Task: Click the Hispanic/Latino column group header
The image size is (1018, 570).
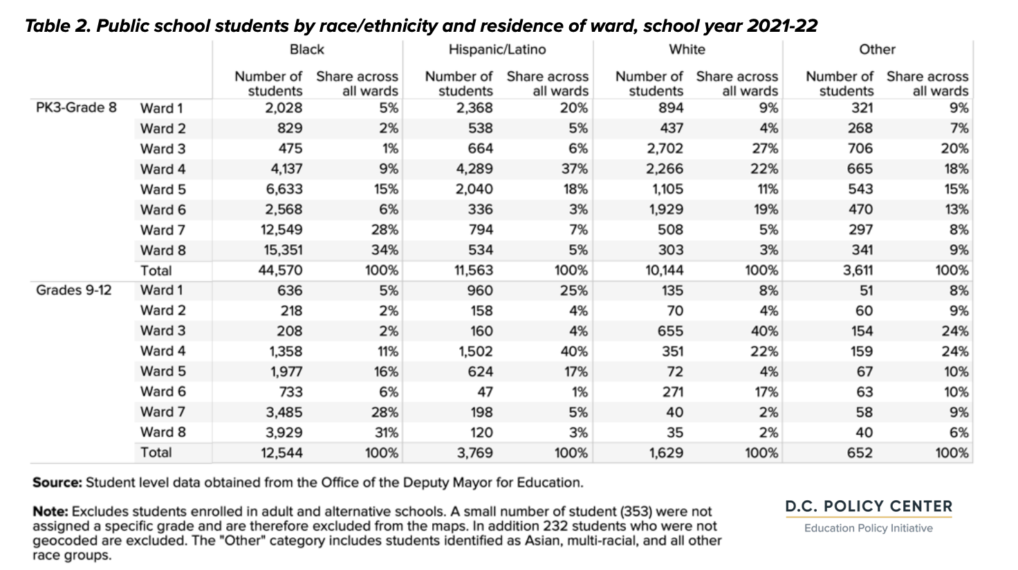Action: coord(497,49)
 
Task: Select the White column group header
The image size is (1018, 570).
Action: coord(687,49)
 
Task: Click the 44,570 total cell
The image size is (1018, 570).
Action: coord(280,270)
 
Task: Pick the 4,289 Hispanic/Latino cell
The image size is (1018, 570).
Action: coord(474,169)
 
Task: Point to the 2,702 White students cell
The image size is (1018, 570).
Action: coord(665,149)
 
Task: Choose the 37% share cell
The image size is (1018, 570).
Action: coord(575,169)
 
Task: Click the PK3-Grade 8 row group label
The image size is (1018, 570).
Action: coord(76,108)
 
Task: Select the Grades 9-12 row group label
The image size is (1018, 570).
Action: coord(73,290)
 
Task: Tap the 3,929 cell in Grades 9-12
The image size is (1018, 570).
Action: coord(284,432)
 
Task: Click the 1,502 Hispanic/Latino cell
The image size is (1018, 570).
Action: coord(475,351)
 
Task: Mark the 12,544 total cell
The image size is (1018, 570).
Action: coord(281,452)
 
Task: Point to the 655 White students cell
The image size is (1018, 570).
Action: coord(670,331)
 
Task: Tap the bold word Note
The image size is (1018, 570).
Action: coord(50,511)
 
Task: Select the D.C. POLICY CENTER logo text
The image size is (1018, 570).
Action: coord(869,506)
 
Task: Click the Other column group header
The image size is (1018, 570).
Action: coord(877,49)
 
